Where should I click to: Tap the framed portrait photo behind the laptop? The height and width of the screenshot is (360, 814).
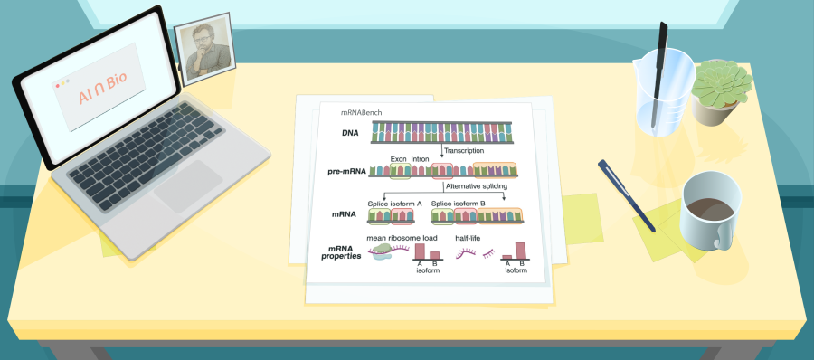pos(204,48)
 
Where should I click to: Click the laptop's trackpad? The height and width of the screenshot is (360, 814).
pos(187,186)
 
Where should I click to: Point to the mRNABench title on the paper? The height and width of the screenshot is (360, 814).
pos(361,112)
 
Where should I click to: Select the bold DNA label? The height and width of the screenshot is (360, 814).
pos(350,134)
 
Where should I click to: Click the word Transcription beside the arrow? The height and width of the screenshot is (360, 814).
pos(464,151)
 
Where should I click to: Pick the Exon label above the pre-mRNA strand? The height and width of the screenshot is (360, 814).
pos(398,159)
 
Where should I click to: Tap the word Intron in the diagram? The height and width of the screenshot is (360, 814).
pos(420,159)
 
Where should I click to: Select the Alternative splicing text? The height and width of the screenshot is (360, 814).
pos(476,186)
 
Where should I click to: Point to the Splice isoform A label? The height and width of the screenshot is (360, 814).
pos(394,204)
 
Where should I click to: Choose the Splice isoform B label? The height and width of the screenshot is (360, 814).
pos(459,204)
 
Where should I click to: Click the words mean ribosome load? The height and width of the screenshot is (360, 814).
pos(402,238)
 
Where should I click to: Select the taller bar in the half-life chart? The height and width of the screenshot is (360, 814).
pos(520,251)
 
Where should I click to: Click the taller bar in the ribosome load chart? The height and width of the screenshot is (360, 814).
pos(420,251)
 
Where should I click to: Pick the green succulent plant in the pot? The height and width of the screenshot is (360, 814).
pos(722,83)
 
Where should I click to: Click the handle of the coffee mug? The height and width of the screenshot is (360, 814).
pos(722,236)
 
